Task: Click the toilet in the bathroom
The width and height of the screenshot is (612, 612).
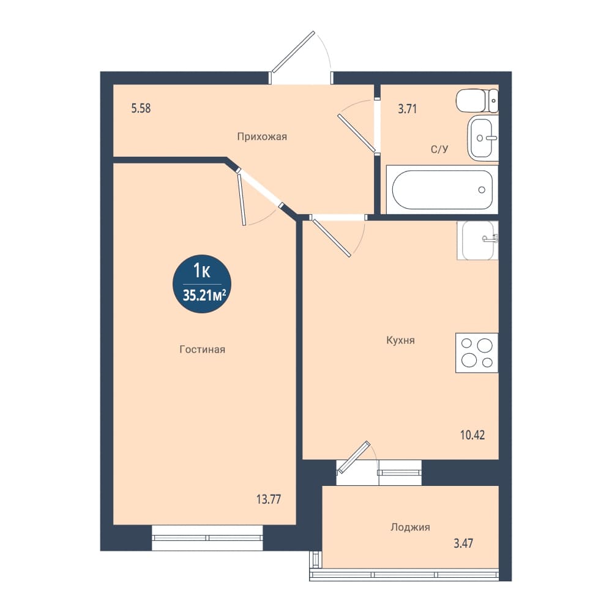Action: (477, 100)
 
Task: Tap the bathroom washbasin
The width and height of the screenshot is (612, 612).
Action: (482, 138)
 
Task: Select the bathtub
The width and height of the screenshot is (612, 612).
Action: (442, 190)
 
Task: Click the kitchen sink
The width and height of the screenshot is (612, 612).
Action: (478, 241)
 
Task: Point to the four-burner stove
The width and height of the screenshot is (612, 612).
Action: (477, 353)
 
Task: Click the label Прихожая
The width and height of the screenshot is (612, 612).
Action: (262, 136)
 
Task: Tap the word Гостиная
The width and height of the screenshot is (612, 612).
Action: (202, 349)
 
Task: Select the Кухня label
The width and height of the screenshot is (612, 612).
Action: (400, 340)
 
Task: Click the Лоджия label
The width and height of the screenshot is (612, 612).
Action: (410, 528)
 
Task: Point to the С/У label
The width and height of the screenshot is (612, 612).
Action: (439, 149)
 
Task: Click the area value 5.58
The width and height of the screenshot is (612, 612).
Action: (141, 108)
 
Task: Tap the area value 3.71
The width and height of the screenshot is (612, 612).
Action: (407, 109)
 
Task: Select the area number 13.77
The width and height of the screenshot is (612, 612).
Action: (269, 499)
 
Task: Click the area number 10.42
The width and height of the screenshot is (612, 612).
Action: (472, 435)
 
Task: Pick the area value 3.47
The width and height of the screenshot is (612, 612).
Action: (463, 543)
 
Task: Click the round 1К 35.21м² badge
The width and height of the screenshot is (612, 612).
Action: (202, 284)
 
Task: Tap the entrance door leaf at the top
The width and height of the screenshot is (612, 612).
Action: (293, 52)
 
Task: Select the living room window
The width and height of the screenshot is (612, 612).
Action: (207, 538)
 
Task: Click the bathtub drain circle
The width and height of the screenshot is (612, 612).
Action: (482, 190)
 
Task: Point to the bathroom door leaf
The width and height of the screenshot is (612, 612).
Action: (357, 133)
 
